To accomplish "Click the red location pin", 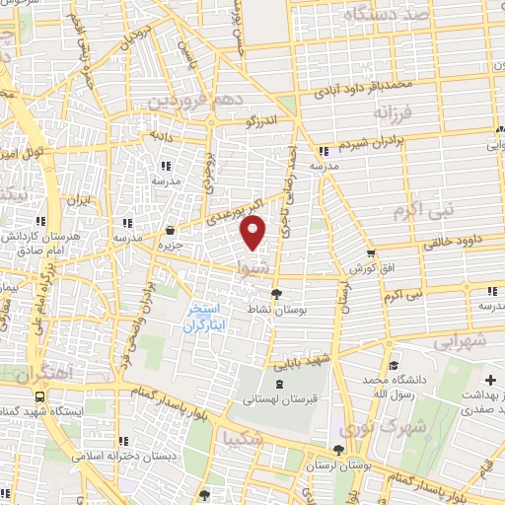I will pos(254,234).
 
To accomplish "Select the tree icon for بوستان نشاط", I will pos(276,293).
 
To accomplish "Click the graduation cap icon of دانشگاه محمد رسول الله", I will pos(394,366).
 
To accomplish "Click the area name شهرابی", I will pos(460,340).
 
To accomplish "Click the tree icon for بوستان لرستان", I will pos(338,449).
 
